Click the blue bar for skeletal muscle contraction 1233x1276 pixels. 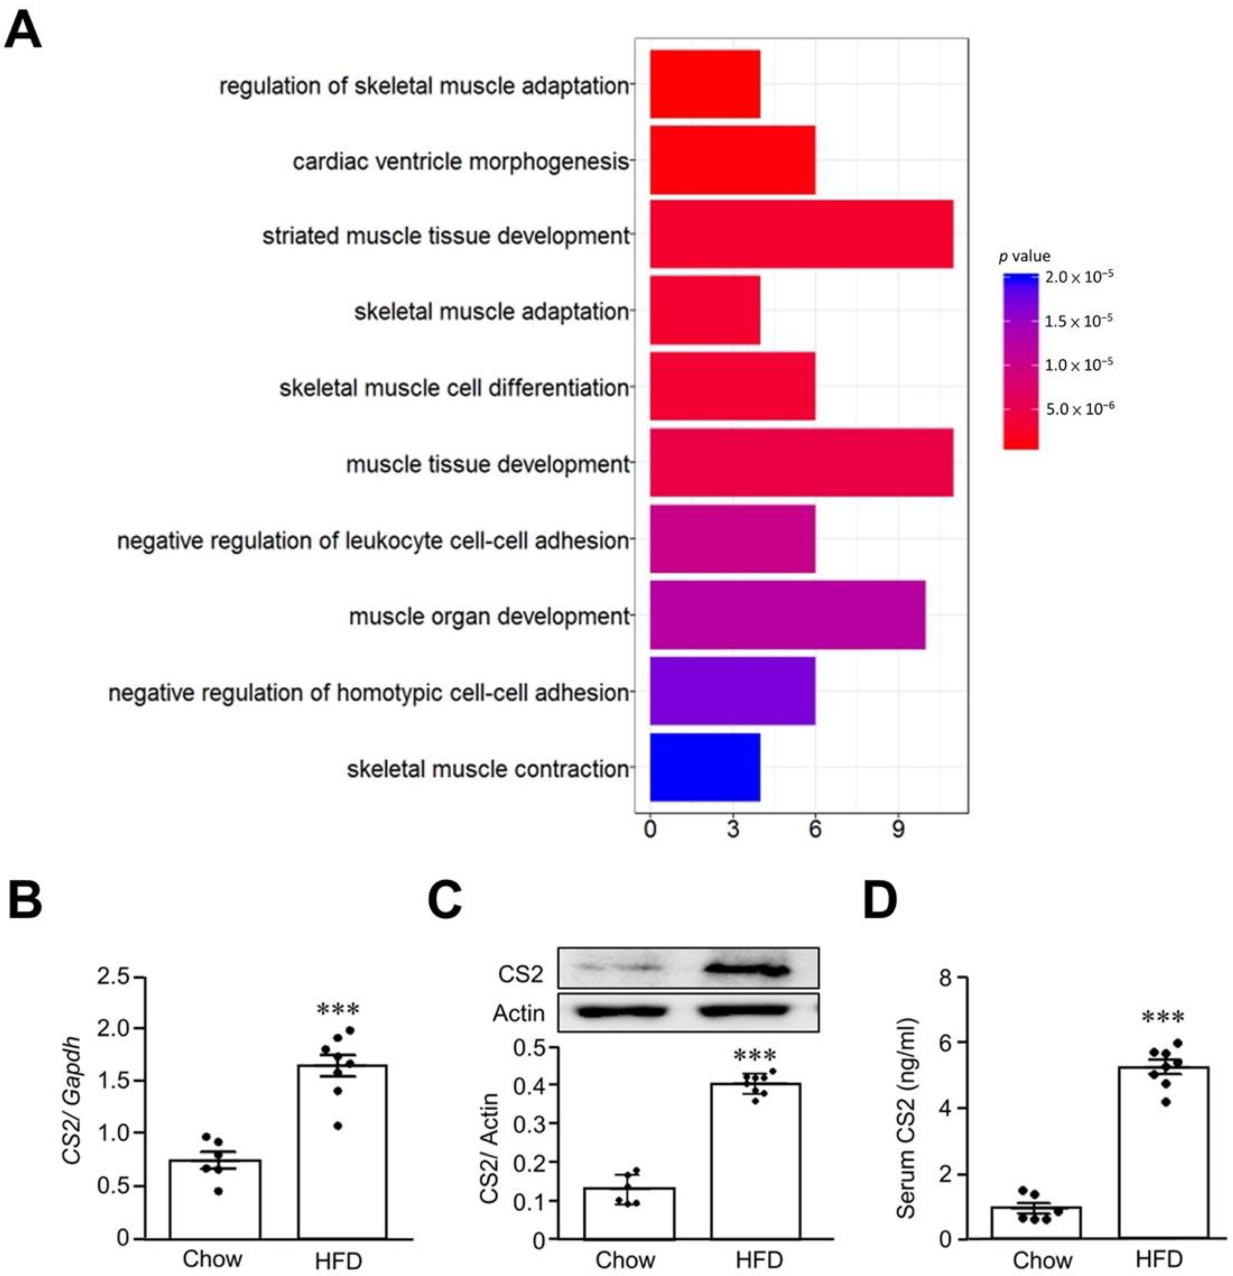click(704, 767)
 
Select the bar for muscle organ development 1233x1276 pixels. click(787, 615)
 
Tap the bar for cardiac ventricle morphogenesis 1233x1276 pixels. click(732, 160)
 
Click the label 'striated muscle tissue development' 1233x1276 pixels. click(445, 236)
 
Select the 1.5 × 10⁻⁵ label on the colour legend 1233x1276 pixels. click(1079, 320)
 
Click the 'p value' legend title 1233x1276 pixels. click(1025, 256)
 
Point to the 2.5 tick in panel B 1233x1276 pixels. click(119, 978)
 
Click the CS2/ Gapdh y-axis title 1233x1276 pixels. click(72, 1100)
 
